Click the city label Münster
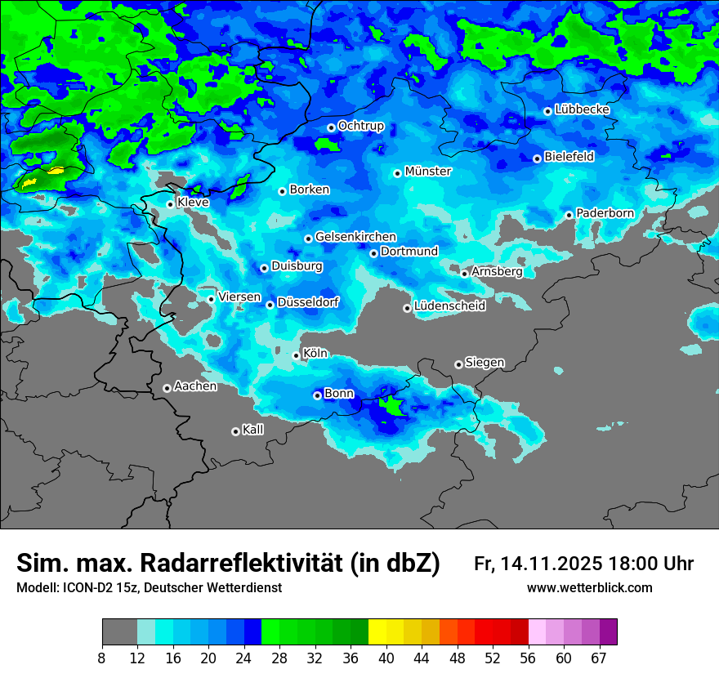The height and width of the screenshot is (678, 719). point(428,172)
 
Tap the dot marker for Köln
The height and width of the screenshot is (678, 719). point(297,355)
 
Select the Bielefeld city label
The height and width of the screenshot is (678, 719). point(569,157)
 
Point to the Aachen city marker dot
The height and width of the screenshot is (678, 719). point(167,388)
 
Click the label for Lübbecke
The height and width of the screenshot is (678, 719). point(583,109)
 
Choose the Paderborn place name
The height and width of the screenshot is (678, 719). point(605,213)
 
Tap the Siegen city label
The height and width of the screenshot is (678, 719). point(485,363)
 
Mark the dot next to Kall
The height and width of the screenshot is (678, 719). point(235,431)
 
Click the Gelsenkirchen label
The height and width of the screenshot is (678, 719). point(355,237)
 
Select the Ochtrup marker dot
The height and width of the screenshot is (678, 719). point(331,127)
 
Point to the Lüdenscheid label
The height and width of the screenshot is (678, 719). point(449,306)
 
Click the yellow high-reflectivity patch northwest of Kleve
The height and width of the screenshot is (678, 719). point(56,172)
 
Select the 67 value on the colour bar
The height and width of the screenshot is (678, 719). point(598,658)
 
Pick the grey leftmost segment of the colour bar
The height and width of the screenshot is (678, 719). point(119,631)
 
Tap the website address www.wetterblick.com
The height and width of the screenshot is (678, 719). point(589,588)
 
